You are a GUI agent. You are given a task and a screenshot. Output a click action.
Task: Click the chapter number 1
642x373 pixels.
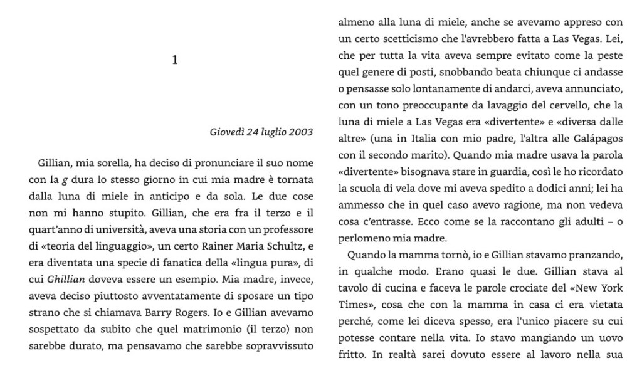pyautogui.click(x=175, y=60)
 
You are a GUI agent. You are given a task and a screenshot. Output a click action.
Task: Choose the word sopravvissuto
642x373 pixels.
pyautogui.click(x=283, y=346)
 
